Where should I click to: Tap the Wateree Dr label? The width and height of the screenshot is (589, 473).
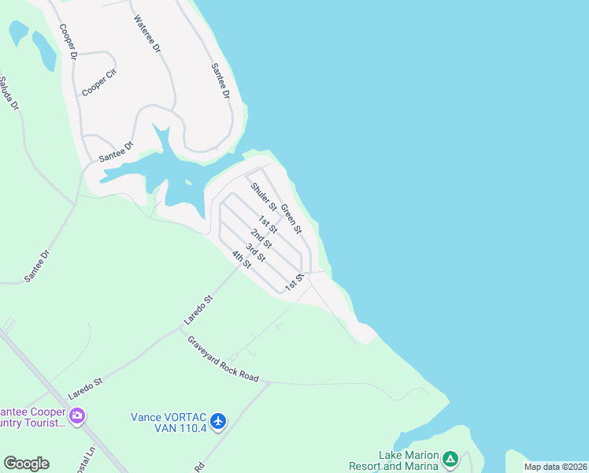pyautogui.click(x=147, y=35)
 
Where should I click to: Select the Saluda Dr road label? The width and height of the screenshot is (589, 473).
pyautogui.click(x=7, y=93)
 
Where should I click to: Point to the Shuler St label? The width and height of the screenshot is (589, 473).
pyautogui.click(x=264, y=197)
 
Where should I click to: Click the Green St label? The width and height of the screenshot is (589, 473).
pyautogui.click(x=291, y=218)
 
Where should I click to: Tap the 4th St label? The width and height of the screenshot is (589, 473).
pyautogui.click(x=240, y=259)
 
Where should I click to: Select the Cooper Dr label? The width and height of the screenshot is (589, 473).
pyautogui.click(x=68, y=42)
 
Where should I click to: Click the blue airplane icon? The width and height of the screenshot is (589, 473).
pyautogui.click(x=219, y=421)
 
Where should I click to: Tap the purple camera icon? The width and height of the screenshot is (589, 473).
pyautogui.click(x=77, y=415)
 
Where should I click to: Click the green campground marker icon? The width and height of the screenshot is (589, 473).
pyautogui.click(x=450, y=458)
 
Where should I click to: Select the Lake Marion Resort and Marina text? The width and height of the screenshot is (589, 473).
pyautogui.click(x=401, y=460)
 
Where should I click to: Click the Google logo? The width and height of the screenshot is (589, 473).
pyautogui.click(x=26, y=464)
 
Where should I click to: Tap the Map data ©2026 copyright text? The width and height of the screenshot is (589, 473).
pyautogui.click(x=555, y=467)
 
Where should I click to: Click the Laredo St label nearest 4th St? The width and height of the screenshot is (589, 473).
pyautogui.click(x=198, y=310)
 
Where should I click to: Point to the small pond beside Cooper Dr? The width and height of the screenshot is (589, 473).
pyautogui.click(x=45, y=51)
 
